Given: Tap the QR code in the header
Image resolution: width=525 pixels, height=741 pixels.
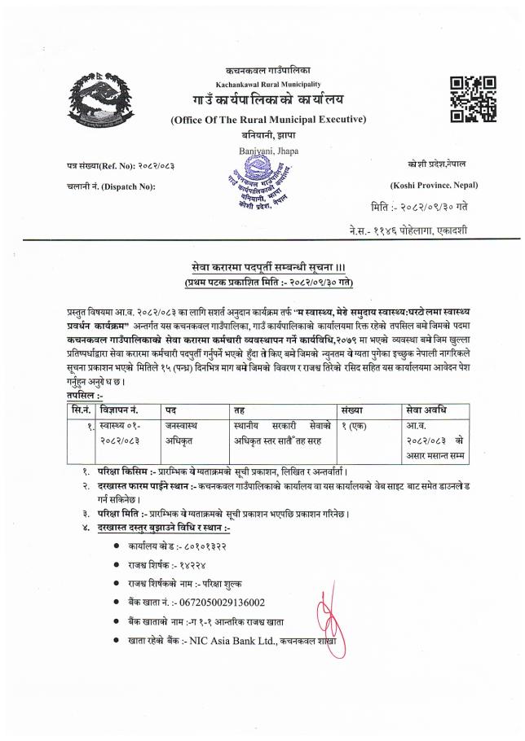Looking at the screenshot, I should click(473, 99).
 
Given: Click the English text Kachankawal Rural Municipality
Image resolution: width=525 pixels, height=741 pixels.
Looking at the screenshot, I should click(268, 85).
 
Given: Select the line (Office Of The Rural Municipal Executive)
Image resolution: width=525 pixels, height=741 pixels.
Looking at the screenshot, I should click(268, 120).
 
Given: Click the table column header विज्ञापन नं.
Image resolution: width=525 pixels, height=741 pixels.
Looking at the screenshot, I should click(123, 409).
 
